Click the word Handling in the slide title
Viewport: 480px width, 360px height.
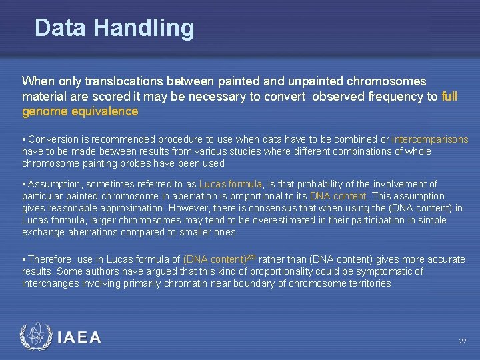[x=144, y=28]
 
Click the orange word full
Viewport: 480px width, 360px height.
[x=449, y=97]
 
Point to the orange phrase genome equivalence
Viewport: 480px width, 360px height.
[x=80, y=112]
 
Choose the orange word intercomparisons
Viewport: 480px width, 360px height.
[x=430, y=140]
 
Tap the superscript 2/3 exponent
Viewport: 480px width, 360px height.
[x=252, y=257]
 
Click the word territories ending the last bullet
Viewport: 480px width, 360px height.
[x=370, y=283]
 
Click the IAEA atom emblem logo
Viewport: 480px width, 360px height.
[x=34, y=337]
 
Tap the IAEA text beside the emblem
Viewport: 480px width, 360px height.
[x=79, y=338]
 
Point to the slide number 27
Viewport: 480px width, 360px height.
[x=463, y=341]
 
